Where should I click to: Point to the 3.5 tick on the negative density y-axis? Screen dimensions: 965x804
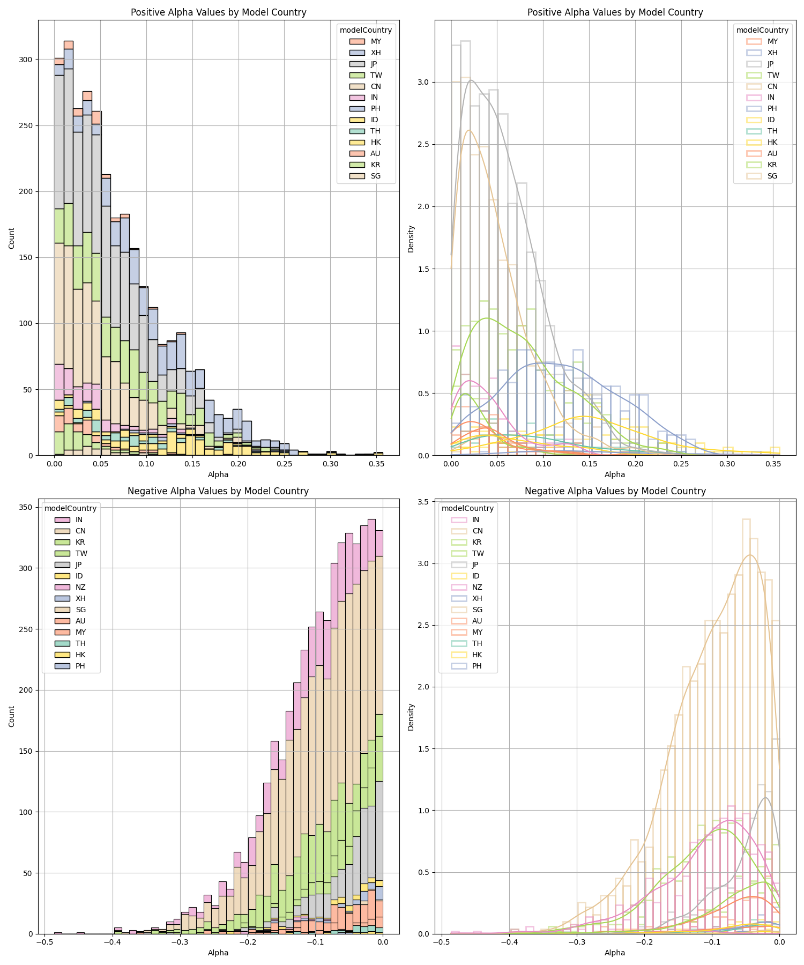(x=424, y=502)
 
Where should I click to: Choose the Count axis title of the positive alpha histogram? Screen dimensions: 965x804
(x=12, y=238)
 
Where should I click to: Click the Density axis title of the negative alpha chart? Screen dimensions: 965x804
(x=411, y=717)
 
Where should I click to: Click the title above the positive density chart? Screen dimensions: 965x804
(x=615, y=12)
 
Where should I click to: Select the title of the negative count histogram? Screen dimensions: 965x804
(x=218, y=491)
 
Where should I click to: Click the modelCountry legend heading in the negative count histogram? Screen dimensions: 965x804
(x=70, y=508)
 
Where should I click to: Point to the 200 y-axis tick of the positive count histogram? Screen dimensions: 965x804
(x=25, y=191)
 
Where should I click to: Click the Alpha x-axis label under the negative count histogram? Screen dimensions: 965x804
(x=218, y=953)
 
